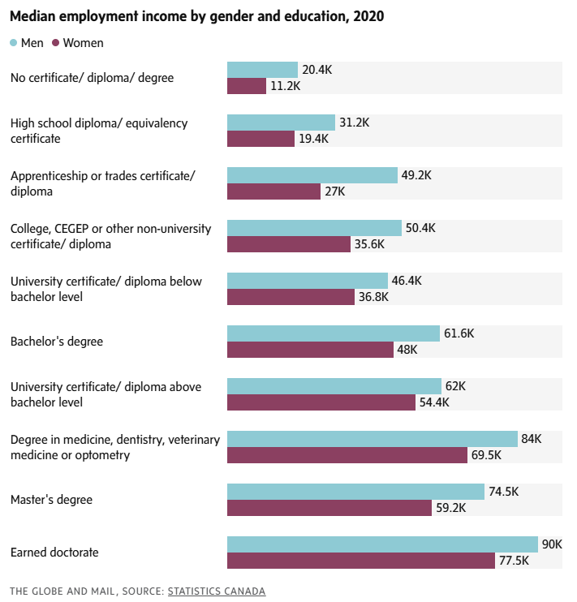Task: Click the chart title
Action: click(x=197, y=16)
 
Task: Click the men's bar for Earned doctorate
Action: click(x=382, y=544)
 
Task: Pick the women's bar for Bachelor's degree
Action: click(x=310, y=350)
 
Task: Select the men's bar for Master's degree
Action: click(x=355, y=492)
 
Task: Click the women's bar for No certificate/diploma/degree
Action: click(x=247, y=86)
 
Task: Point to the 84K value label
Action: click(x=531, y=439)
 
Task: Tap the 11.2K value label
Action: click(x=286, y=86)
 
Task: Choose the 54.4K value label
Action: click(x=433, y=402)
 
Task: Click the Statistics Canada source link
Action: click(x=217, y=591)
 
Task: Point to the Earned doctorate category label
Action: click(x=54, y=553)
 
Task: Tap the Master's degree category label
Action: click(x=51, y=500)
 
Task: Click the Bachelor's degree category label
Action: click(x=57, y=342)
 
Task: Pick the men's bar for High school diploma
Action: click(x=281, y=123)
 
